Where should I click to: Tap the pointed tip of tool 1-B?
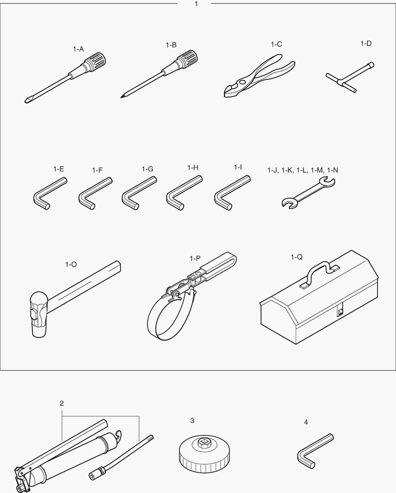[x=122, y=97]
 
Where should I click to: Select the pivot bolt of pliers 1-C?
[x=241, y=82]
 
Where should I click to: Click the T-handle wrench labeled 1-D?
[x=350, y=77]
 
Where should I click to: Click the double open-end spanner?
[x=309, y=193]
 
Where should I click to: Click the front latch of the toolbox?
[x=340, y=311]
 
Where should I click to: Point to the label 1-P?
[x=195, y=258]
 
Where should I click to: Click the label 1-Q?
[x=297, y=257]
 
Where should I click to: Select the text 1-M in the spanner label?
[x=317, y=170]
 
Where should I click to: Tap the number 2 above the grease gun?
[x=62, y=403]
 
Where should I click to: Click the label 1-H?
[x=193, y=168]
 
